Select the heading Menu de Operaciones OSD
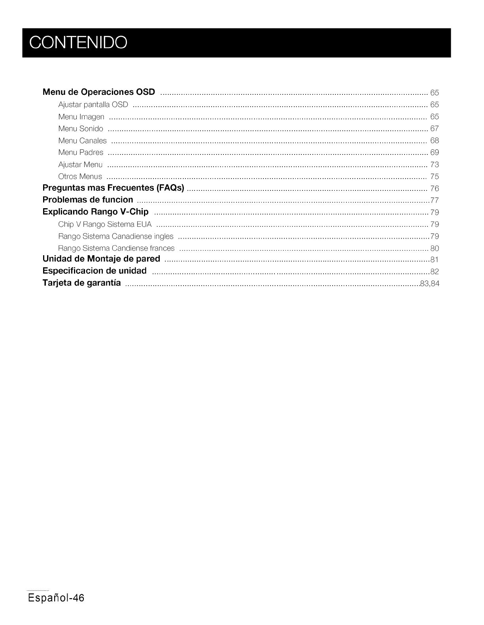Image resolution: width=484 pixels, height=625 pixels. tap(98, 92)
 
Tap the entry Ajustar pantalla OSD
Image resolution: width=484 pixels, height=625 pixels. tap(93, 105)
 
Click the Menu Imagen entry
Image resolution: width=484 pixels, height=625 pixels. tap(81, 117)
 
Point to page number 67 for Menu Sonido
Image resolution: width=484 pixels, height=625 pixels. tap(434, 129)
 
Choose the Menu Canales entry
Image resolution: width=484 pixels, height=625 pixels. tap(82, 141)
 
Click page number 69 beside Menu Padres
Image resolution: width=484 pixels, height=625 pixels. tap(434, 152)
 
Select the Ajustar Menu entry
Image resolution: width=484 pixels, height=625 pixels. tap(80, 165)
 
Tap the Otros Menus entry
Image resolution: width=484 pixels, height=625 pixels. tap(80, 177)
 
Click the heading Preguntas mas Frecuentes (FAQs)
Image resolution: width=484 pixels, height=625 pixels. tap(113, 188)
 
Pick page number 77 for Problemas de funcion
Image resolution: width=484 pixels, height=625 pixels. tap(434, 200)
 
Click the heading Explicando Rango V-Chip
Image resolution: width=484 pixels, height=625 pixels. tap(95, 212)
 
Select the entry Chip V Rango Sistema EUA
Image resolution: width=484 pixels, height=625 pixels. tap(105, 224)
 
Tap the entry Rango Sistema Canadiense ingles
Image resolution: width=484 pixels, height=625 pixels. tap(115, 236)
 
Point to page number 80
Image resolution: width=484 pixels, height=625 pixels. tap(434, 248)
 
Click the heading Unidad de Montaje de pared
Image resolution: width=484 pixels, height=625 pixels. tap(101, 259)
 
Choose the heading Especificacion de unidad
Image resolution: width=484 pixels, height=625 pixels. tap(95, 271)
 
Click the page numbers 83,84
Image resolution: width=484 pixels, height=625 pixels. tap(430, 284)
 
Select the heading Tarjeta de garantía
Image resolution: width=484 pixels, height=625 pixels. tap(81, 283)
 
